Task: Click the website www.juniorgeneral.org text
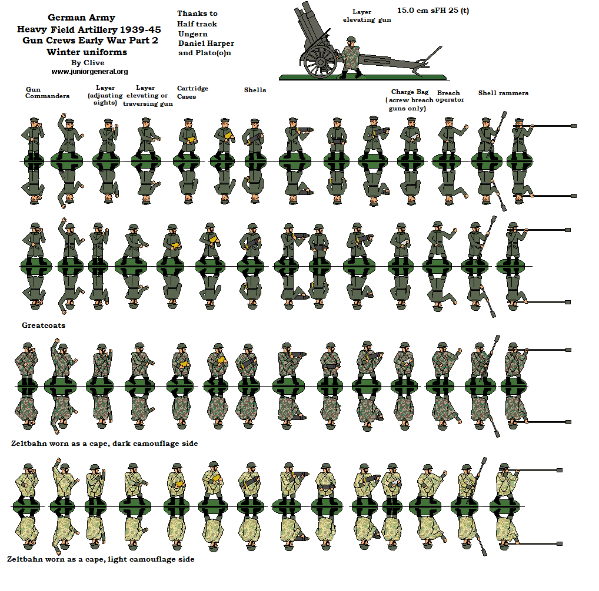click(89, 72)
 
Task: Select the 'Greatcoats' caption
click(44, 325)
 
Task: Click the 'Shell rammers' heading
click(503, 93)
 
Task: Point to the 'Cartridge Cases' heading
click(192, 92)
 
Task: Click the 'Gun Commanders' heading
click(47, 93)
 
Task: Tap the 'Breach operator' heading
click(449, 96)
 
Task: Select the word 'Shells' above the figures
click(255, 90)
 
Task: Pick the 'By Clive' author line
click(88, 63)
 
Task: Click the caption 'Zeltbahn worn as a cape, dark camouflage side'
click(104, 444)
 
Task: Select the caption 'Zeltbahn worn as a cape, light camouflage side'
click(101, 559)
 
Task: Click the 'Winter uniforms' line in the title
click(87, 52)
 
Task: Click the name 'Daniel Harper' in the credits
click(205, 43)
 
